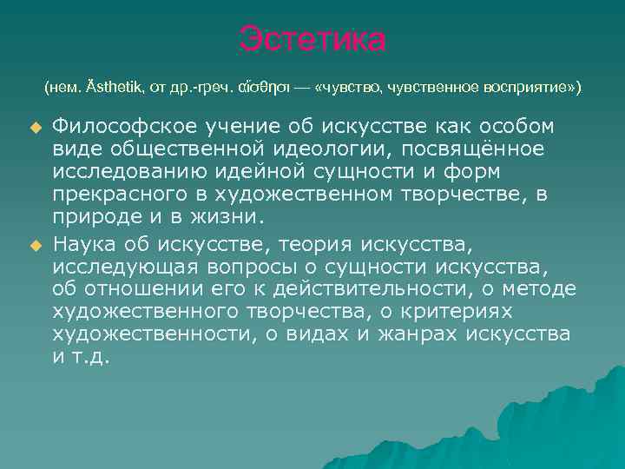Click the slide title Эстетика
[x=312, y=40]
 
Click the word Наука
[x=85, y=245]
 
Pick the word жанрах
[x=420, y=334]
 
